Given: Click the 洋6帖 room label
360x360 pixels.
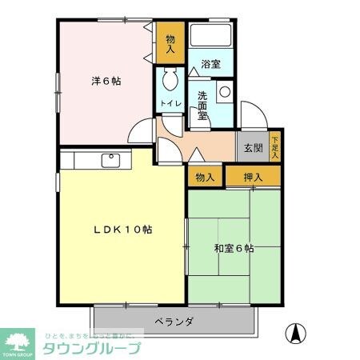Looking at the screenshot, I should (x=106, y=81).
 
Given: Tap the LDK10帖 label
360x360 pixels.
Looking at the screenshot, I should (x=122, y=230).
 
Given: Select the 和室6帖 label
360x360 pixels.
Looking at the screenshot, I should (x=234, y=249).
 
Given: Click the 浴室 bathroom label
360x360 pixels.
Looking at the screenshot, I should (x=210, y=64).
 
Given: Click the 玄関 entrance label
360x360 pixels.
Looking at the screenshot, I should (x=254, y=149).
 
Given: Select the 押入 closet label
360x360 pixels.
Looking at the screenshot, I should (x=254, y=176).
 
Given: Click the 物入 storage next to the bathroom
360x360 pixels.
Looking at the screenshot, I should (x=170, y=43).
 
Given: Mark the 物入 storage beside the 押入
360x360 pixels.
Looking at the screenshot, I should (x=204, y=176).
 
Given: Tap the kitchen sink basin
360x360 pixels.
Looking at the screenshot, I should (x=110, y=160).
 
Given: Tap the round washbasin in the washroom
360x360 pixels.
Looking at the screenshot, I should (x=225, y=92).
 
